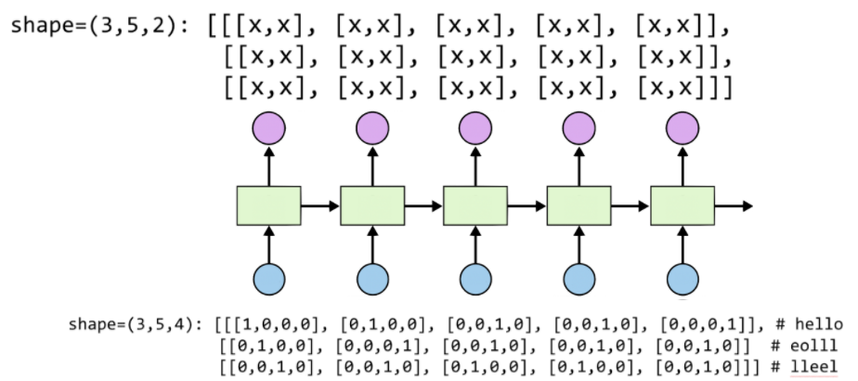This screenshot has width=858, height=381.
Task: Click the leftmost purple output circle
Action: pyautogui.click(x=269, y=127)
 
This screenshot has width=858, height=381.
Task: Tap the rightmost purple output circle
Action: pyautogui.click(x=682, y=127)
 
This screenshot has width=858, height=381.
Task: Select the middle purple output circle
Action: pyautogui.click(x=475, y=127)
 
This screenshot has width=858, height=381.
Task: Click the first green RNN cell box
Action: pyautogui.click(x=269, y=205)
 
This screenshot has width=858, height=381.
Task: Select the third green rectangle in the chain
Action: pyautogui.click(x=475, y=205)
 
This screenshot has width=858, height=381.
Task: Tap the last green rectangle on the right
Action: pyautogui.click(x=682, y=205)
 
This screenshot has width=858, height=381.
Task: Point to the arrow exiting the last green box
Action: pyautogui.click(x=733, y=205)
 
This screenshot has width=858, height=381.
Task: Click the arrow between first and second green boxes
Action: pyautogui.click(x=320, y=205)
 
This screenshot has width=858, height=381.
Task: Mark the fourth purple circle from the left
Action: pyautogui.click(x=579, y=127)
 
